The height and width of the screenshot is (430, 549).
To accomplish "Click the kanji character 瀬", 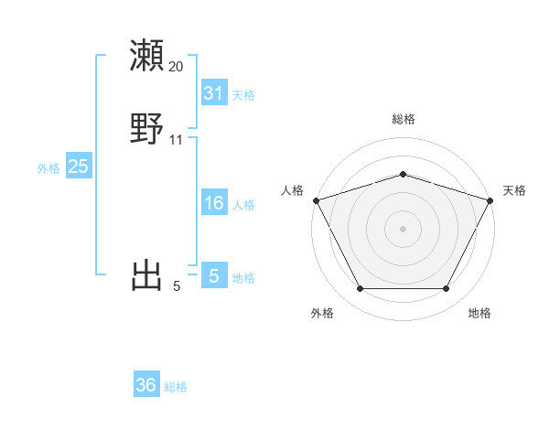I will (147, 55).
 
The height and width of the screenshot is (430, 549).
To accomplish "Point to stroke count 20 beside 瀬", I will (176, 67).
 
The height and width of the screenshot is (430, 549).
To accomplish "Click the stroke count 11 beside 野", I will (176, 140).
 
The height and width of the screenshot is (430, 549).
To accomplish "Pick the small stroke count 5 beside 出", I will (177, 287).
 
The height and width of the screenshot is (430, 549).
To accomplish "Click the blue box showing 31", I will (213, 93).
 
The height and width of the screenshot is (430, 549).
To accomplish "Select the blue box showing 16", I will (213, 203).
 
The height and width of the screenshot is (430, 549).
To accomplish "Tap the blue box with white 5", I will (213, 275).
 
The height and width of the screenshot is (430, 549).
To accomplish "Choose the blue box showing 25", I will (78, 167).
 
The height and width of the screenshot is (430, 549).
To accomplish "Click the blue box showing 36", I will (146, 385).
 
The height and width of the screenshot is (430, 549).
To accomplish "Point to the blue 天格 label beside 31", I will (243, 95).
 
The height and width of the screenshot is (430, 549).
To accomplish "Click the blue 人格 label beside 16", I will (243, 205).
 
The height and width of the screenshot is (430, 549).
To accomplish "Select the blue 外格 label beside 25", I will (48, 168).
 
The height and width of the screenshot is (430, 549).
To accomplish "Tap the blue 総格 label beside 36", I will (176, 387).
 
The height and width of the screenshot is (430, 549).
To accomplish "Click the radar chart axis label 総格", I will (403, 119).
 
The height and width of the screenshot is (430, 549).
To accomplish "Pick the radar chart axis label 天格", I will (515, 190).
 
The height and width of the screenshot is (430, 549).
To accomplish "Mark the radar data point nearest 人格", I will (316, 200).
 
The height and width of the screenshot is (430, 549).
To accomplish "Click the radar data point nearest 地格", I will (446, 289).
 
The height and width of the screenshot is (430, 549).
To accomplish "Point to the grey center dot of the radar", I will (403, 229).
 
